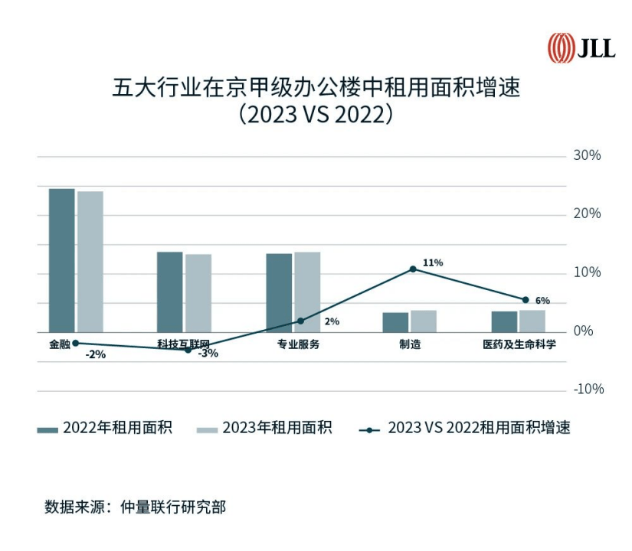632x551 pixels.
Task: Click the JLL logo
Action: [x=581, y=48]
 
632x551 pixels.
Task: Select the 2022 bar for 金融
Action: [x=61, y=260]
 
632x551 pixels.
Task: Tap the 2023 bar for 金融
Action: [x=90, y=262]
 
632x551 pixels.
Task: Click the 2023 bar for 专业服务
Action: [x=307, y=292]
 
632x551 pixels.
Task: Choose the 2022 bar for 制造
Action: [x=395, y=322]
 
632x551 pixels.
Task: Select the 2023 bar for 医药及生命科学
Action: [x=532, y=321]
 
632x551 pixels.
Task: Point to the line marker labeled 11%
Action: [x=413, y=269]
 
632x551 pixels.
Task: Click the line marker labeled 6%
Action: [x=526, y=300]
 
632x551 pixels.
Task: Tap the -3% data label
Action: [x=208, y=354]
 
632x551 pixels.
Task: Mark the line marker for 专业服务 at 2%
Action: [x=300, y=321]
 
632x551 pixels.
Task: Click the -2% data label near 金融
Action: [x=96, y=354]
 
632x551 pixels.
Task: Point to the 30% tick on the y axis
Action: [x=588, y=155]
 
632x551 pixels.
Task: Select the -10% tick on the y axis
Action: [x=588, y=390]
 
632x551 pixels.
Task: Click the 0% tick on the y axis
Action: [x=584, y=331]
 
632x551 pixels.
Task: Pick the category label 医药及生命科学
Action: [x=519, y=345]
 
